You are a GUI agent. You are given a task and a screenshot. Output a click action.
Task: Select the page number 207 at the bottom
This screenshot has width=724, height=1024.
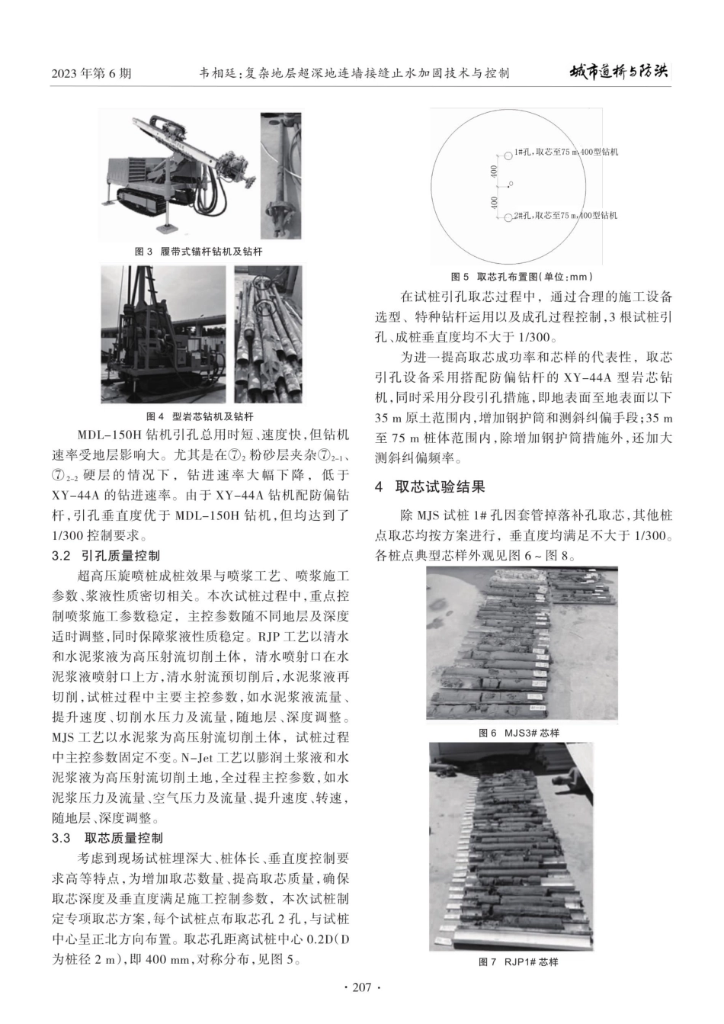point(362,987)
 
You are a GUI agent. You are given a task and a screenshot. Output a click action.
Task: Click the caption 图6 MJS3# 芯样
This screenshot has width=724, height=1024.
point(518,733)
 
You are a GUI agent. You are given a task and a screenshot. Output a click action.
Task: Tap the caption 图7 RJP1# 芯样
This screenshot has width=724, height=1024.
point(518,962)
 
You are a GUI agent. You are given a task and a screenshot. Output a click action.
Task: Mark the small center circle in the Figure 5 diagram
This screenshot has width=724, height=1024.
point(511,184)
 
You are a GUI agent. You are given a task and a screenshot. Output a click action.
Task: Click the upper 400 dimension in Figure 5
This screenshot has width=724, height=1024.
point(495,170)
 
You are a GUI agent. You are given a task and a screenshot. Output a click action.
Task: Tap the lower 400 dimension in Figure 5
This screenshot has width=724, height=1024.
point(495,202)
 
